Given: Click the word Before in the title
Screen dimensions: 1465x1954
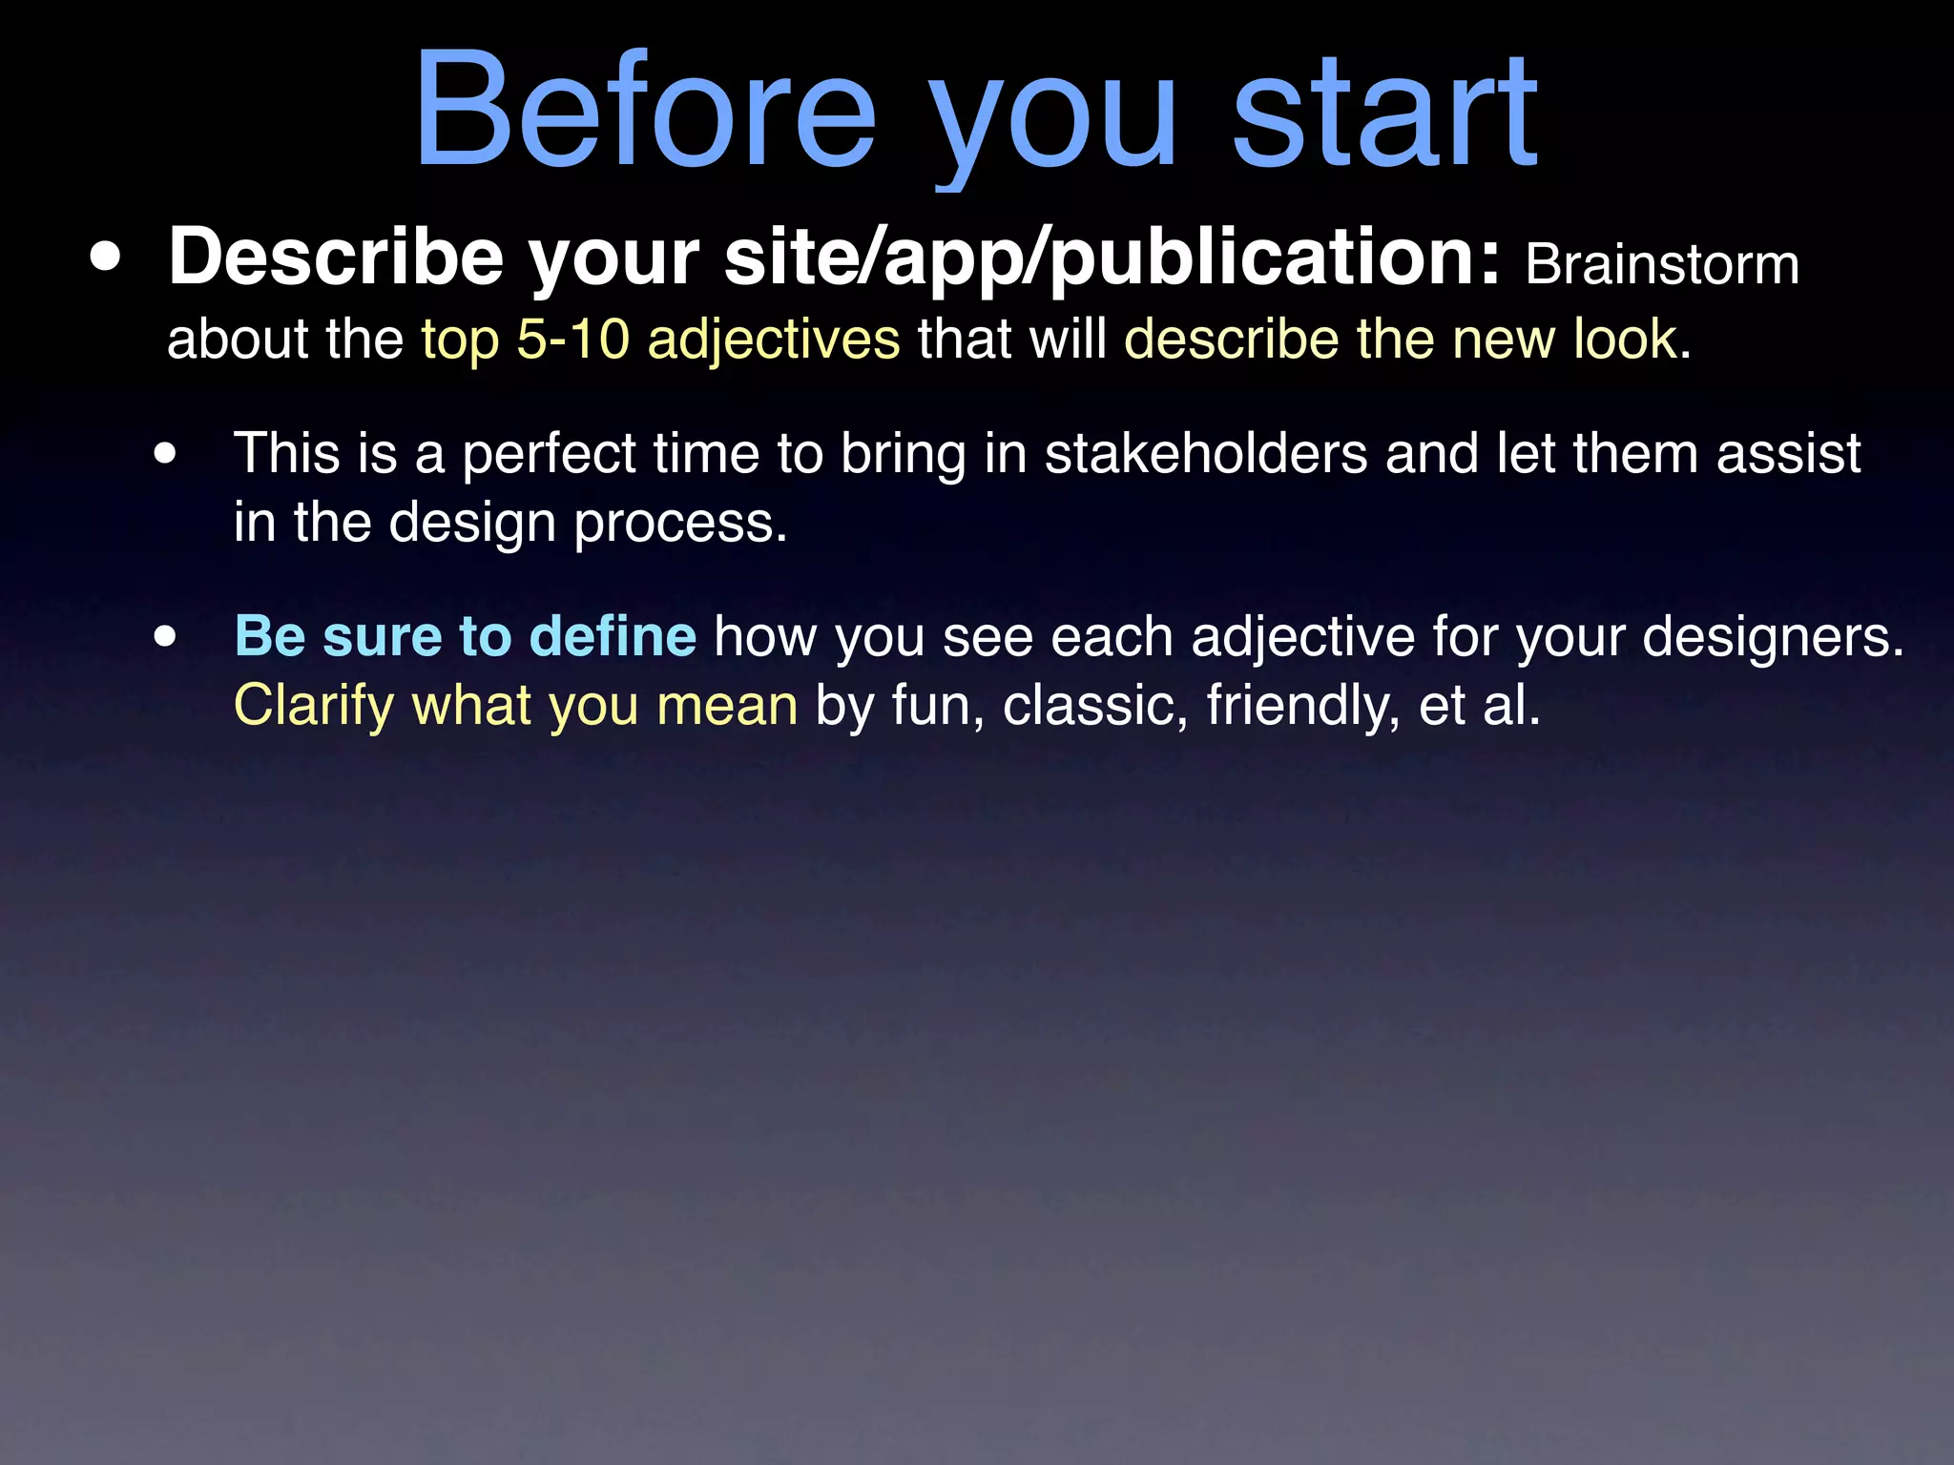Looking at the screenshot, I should (x=645, y=113).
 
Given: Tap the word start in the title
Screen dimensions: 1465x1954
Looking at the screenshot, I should (x=1384, y=113).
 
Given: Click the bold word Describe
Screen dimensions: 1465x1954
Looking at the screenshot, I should (x=336, y=258).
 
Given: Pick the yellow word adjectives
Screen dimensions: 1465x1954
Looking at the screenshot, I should (x=773, y=340).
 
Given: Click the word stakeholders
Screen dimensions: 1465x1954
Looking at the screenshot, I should (x=1206, y=453).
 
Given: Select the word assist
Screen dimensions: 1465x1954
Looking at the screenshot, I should (x=1788, y=453).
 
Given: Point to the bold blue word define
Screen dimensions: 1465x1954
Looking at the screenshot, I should (x=613, y=636).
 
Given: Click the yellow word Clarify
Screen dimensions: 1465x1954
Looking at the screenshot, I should (x=314, y=707).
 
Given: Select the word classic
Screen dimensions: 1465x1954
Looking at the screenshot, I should (x=1094, y=707).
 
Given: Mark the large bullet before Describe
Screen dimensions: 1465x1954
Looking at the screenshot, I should (x=106, y=258).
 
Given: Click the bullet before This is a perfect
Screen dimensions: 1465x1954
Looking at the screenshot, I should (x=166, y=454).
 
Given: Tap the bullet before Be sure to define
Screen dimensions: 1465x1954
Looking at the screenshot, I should (x=166, y=637).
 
